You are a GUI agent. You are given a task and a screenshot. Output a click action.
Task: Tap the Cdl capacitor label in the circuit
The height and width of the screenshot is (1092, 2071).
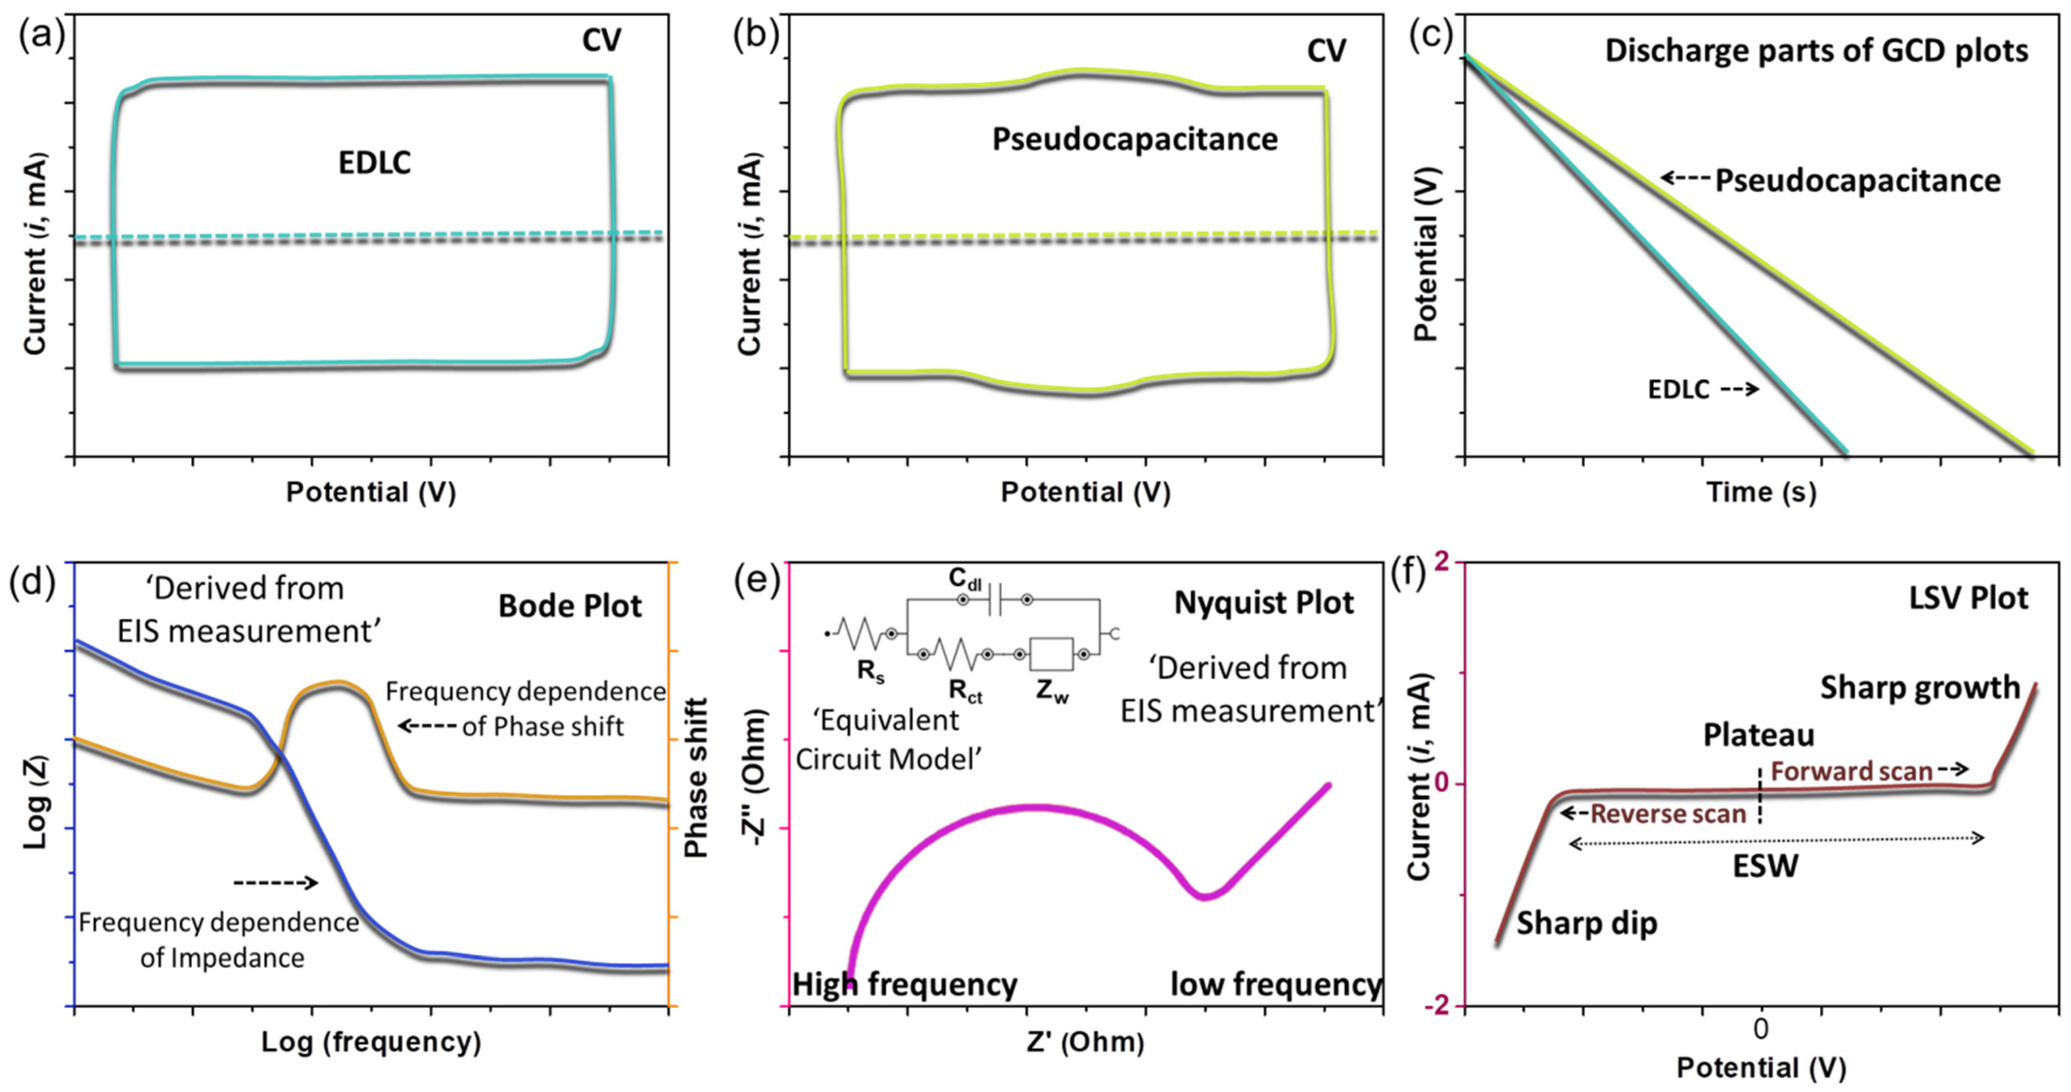964,579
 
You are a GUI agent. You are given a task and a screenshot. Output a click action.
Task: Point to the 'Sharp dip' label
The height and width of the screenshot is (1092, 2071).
1586,923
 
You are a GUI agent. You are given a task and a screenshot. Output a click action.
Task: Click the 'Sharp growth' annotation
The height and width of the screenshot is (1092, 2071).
1920,688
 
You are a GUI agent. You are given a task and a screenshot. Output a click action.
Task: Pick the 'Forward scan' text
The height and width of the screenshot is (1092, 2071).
1851,771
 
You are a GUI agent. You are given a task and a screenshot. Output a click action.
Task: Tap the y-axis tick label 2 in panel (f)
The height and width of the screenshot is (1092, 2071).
1442,563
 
